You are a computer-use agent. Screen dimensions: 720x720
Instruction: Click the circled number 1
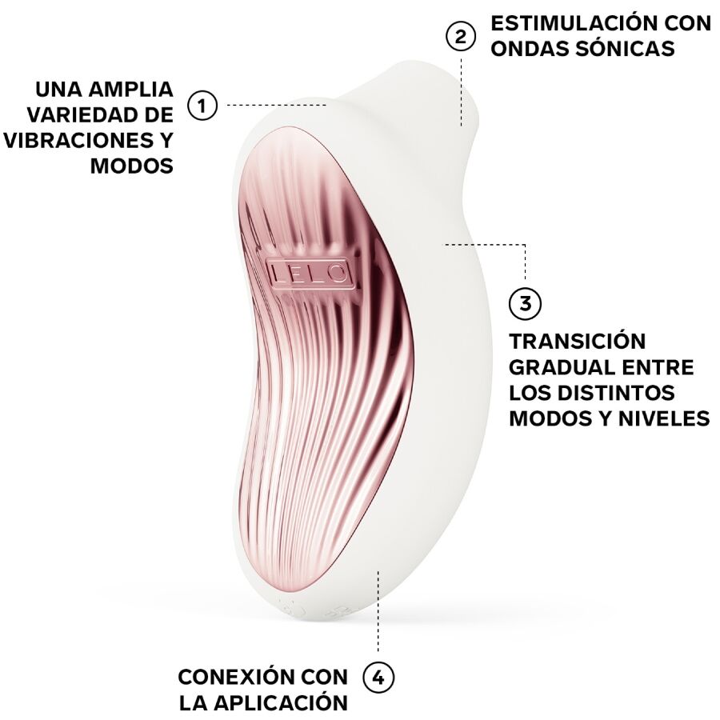(202, 105)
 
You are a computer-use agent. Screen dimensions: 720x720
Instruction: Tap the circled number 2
(460, 37)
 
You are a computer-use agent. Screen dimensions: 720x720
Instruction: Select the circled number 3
(525, 304)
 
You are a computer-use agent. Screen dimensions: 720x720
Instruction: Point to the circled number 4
(378, 678)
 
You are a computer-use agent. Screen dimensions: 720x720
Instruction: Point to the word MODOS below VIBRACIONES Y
(132, 166)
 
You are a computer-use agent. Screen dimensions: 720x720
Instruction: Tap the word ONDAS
(526, 49)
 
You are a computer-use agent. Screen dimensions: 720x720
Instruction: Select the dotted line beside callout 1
(276, 105)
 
